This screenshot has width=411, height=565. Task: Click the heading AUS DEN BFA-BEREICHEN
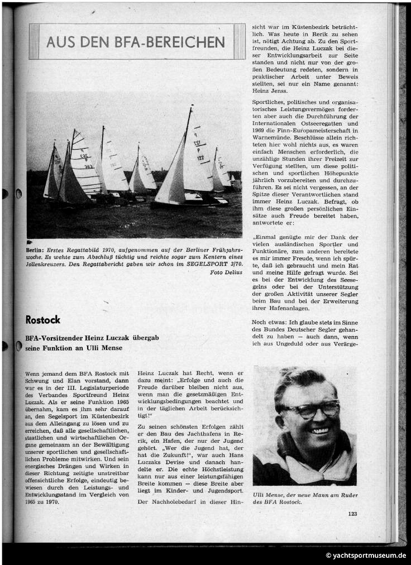pyautogui.click(x=136, y=42)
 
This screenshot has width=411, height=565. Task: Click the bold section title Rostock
pyautogui.click(x=42, y=320)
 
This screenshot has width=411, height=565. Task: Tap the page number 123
pyautogui.click(x=352, y=514)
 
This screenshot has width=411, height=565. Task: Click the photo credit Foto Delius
pyautogui.click(x=226, y=272)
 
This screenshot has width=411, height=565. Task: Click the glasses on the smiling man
pyautogui.click(x=309, y=409)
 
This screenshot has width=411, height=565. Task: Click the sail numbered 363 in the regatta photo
pyautogui.click(x=88, y=166)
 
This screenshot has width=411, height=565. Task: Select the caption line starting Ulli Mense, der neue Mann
pyautogui.click(x=305, y=495)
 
